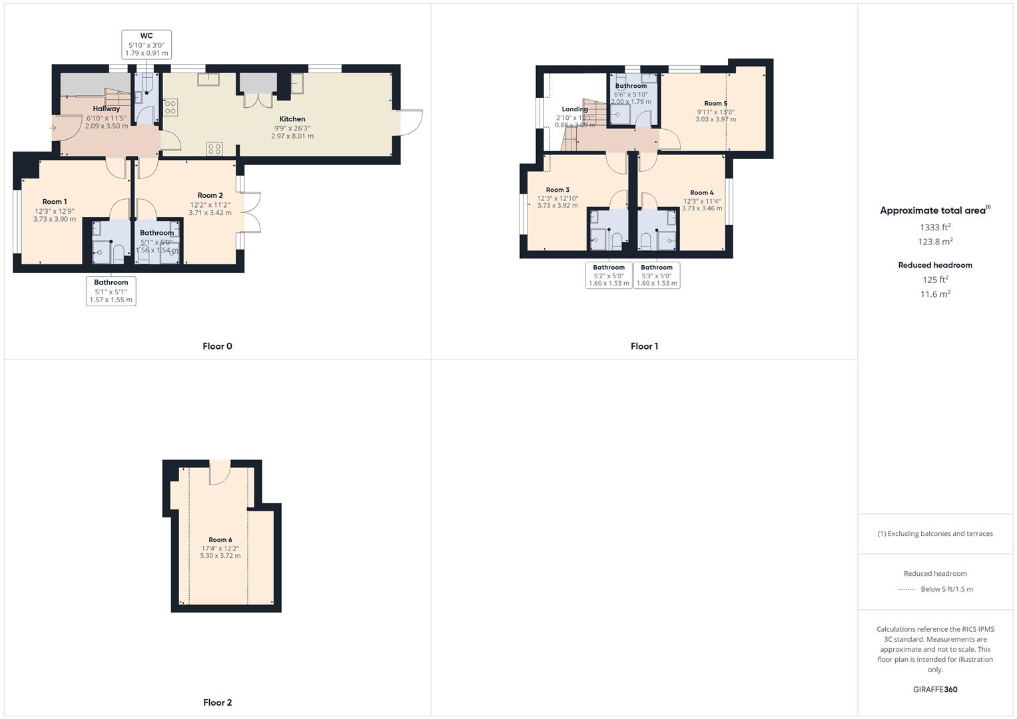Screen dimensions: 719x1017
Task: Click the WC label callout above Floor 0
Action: [x=147, y=44]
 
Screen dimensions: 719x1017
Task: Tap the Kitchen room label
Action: [x=292, y=119]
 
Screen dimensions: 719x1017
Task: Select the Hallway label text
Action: [x=107, y=109]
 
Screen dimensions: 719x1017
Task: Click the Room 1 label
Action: [x=55, y=202]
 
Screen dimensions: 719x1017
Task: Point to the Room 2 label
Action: [x=210, y=196]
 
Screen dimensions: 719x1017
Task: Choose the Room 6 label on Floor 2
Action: [x=220, y=540]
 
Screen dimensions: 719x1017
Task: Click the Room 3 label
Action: [x=557, y=190]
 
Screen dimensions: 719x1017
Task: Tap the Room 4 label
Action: [x=702, y=193]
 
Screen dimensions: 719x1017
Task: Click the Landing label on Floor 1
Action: [x=575, y=109]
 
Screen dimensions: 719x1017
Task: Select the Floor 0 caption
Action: [x=217, y=346]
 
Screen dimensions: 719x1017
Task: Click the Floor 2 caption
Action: [x=217, y=702]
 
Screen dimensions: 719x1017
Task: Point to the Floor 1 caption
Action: [x=644, y=346]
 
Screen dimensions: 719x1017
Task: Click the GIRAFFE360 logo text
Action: [x=935, y=690]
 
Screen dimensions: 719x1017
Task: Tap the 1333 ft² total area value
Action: [x=935, y=227]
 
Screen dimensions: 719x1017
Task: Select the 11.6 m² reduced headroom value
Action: [x=935, y=294]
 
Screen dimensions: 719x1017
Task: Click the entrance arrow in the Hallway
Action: [x=53, y=128]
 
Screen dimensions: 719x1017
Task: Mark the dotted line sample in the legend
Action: [x=906, y=589]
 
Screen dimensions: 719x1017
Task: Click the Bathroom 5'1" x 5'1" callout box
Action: [x=111, y=291]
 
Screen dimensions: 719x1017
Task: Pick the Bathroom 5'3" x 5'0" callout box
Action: [x=657, y=275]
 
